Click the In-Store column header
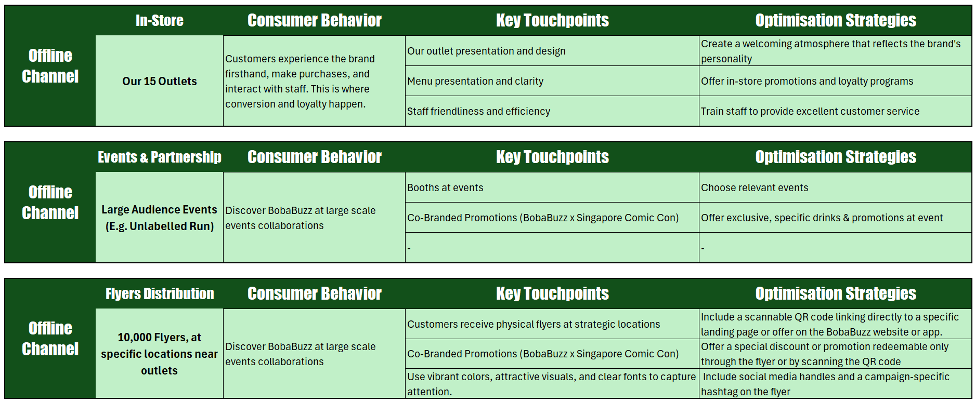pos(159,20)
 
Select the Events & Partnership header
pos(159,157)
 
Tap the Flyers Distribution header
pos(159,293)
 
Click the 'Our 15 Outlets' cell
pos(159,81)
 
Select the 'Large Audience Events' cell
pos(159,218)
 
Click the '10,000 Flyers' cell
pos(159,354)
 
